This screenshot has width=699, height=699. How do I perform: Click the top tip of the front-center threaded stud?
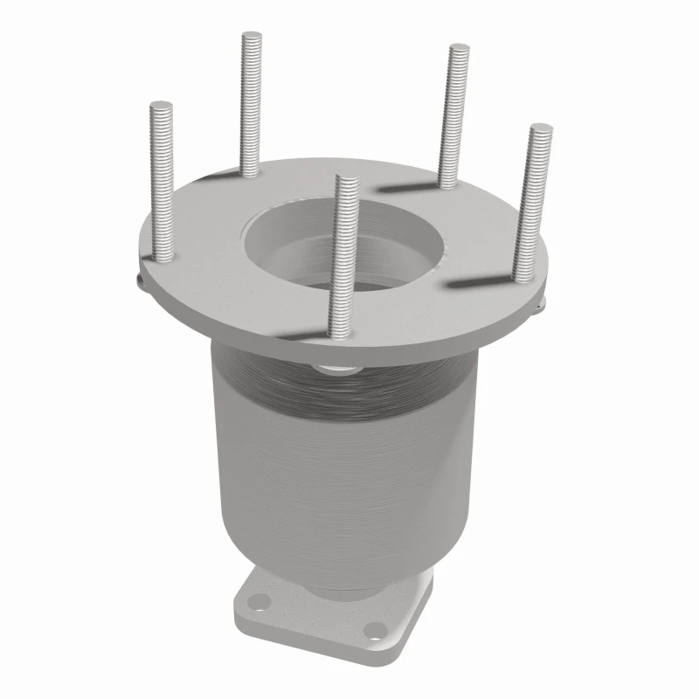(x=348, y=180)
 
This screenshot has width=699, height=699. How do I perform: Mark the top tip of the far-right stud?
(x=541, y=130)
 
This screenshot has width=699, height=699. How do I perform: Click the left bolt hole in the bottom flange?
(x=257, y=601)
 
